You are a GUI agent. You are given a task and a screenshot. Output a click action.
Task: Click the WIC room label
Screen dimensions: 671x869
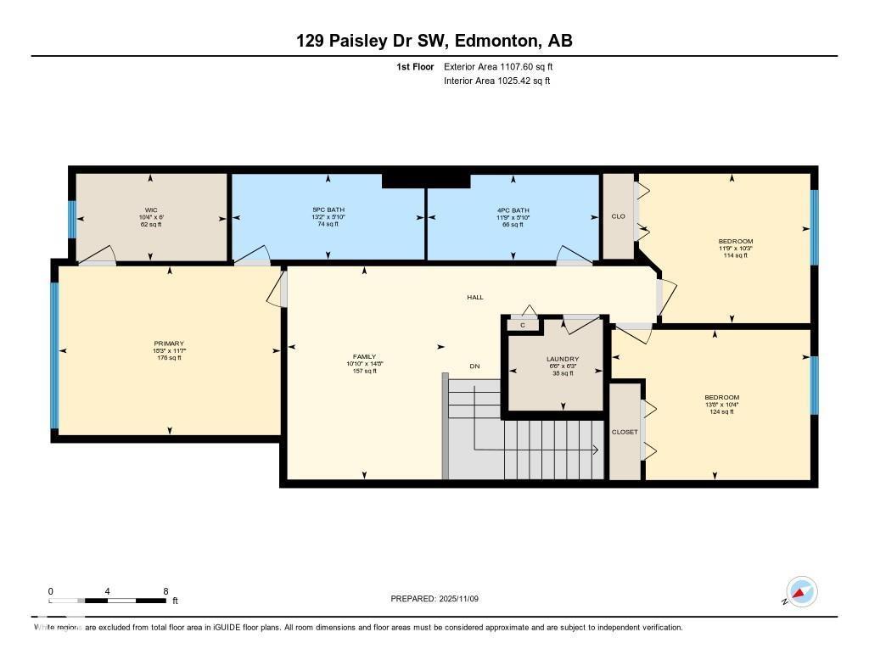click(151, 210)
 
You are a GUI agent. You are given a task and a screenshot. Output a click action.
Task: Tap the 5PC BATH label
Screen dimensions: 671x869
click(328, 210)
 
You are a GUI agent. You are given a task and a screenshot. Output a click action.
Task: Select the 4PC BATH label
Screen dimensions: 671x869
click(513, 210)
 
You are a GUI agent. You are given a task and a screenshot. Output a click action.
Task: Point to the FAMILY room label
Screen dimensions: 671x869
click(365, 356)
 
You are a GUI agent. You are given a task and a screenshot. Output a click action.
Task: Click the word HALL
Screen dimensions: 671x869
click(475, 297)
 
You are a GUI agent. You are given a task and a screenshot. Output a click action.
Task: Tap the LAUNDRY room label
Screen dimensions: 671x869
click(562, 359)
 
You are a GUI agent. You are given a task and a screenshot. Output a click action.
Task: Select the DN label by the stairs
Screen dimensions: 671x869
click(475, 366)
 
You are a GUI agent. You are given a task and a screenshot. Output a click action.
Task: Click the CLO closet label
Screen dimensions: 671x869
click(618, 216)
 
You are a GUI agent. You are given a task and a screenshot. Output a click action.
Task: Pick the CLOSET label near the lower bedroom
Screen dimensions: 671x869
click(625, 432)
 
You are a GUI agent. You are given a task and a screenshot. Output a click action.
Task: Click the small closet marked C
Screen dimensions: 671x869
click(523, 325)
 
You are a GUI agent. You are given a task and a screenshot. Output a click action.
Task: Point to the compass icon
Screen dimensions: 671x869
click(801, 592)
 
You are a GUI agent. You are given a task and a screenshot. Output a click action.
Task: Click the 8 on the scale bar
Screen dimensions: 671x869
click(165, 591)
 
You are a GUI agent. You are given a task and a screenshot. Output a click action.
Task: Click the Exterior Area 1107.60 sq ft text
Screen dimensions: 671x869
click(498, 66)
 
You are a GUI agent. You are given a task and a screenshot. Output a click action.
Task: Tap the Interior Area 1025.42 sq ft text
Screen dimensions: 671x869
click(496, 81)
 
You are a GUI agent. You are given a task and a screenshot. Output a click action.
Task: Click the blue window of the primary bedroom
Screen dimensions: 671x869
click(55, 355)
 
